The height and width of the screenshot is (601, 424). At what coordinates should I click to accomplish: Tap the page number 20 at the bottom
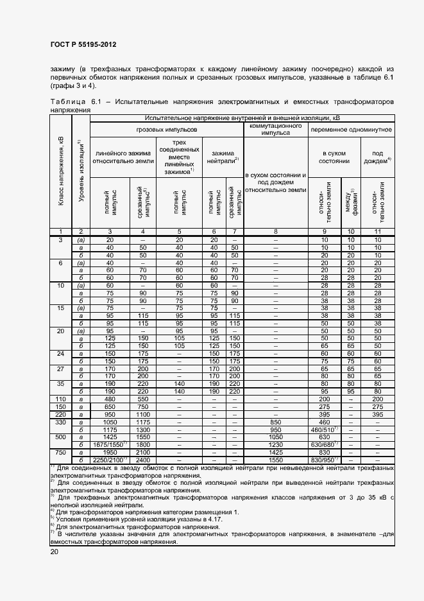[x=54, y=552]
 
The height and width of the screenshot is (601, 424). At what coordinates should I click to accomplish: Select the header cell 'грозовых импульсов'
[x=167, y=129]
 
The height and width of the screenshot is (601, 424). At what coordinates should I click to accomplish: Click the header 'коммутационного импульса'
[x=275, y=129]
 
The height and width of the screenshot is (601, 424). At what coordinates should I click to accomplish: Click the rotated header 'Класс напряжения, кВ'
[x=61, y=171]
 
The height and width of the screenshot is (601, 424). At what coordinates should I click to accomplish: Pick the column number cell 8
[x=275, y=231]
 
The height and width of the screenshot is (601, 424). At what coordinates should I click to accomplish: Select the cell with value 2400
[x=142, y=460]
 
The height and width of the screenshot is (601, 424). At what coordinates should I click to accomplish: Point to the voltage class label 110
[x=61, y=399]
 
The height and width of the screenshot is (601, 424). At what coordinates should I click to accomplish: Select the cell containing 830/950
[x=325, y=460]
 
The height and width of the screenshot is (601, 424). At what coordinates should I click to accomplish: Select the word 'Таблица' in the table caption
[x=68, y=101]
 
